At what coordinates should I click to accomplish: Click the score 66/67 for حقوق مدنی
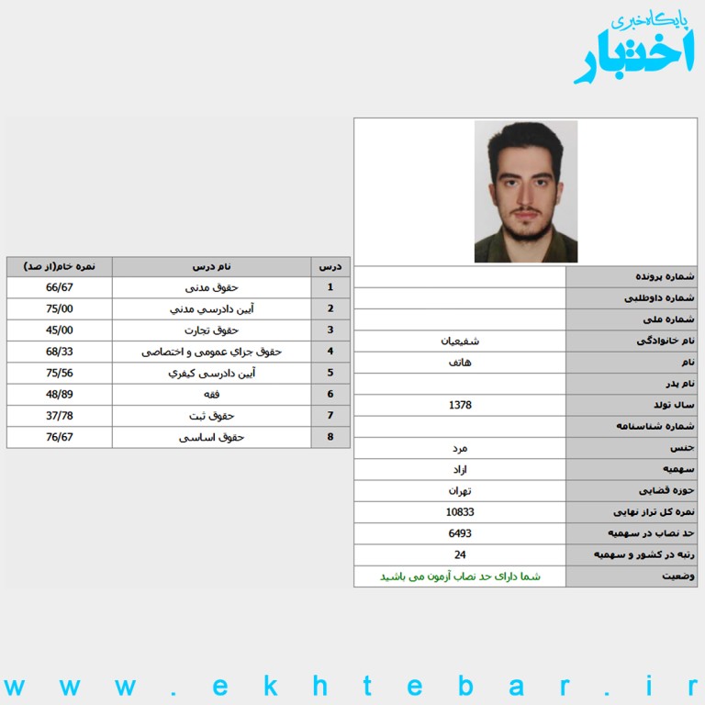pyautogui.click(x=60, y=287)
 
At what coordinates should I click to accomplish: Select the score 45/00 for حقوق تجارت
pyautogui.click(x=60, y=330)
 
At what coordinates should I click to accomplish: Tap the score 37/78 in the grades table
pyautogui.click(x=60, y=416)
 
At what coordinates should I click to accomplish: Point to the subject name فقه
pyautogui.click(x=212, y=395)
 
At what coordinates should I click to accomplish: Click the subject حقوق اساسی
pyautogui.click(x=212, y=438)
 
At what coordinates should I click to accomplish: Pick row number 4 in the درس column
pyautogui.click(x=330, y=352)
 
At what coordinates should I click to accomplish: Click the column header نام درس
pyautogui.click(x=212, y=267)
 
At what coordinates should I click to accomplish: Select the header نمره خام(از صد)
pyautogui.click(x=60, y=267)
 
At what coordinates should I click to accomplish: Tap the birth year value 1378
pyautogui.click(x=460, y=405)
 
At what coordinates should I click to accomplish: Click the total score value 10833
pyautogui.click(x=460, y=512)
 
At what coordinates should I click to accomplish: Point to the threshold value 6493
pyautogui.click(x=460, y=533)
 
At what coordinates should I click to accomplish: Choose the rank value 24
pyautogui.click(x=460, y=554)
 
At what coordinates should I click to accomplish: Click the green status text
pyautogui.click(x=460, y=576)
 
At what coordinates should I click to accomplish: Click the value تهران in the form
pyautogui.click(x=460, y=491)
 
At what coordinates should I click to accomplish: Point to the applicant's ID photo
pyautogui.click(x=525, y=192)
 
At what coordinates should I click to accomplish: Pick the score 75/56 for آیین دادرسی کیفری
pyautogui.click(x=60, y=374)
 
